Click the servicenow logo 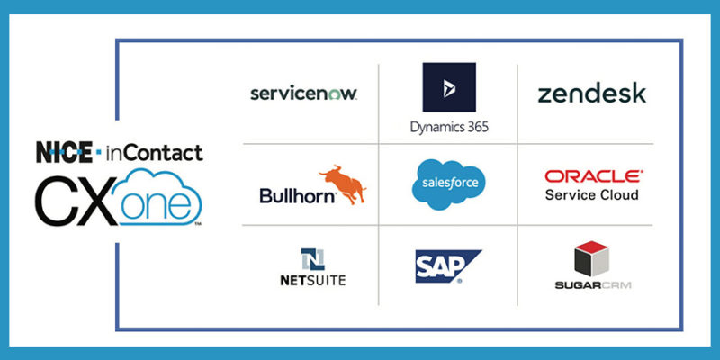pos(303,94)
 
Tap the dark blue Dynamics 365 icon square pos(448,87)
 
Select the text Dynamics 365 pos(448,127)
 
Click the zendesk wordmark pos(591,93)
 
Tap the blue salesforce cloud pos(448,184)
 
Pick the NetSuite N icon pos(312,259)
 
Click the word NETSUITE pos(312,280)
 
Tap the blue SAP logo pos(446,266)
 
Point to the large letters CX pos(76,199)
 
